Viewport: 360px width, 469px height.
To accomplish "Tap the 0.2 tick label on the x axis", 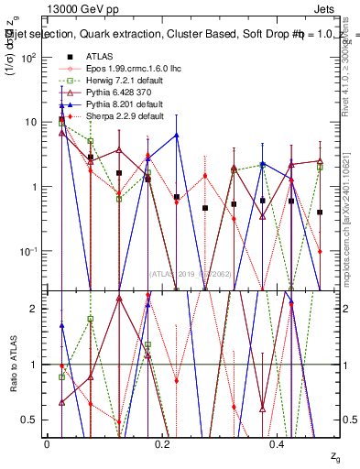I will coord(163,443).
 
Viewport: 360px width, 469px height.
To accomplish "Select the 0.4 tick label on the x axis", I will coord(278,443).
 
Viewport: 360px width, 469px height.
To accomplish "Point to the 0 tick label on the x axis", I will coord(47,443).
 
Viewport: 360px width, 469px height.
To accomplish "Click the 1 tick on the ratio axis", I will coord(38,365).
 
